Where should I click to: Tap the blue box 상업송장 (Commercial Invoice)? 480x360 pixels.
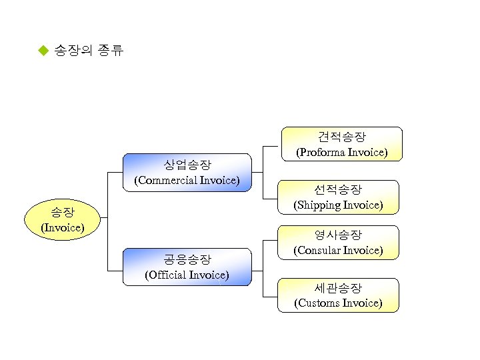click(187, 172)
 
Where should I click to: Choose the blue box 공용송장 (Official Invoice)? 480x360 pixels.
click(187, 267)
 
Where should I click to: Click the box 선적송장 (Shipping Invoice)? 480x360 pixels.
click(339, 197)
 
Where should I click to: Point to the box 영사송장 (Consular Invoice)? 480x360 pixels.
click(339, 243)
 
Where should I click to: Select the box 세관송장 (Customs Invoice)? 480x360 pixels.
click(339, 295)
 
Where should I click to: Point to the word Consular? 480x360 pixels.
click(317, 251)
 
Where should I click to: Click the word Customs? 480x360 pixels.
click(317, 303)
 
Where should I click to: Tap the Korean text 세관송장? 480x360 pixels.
click(339, 288)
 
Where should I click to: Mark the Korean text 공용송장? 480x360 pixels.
click(187, 259)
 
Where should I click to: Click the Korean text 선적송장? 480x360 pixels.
click(339, 189)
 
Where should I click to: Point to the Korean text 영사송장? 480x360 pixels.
click(339, 235)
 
